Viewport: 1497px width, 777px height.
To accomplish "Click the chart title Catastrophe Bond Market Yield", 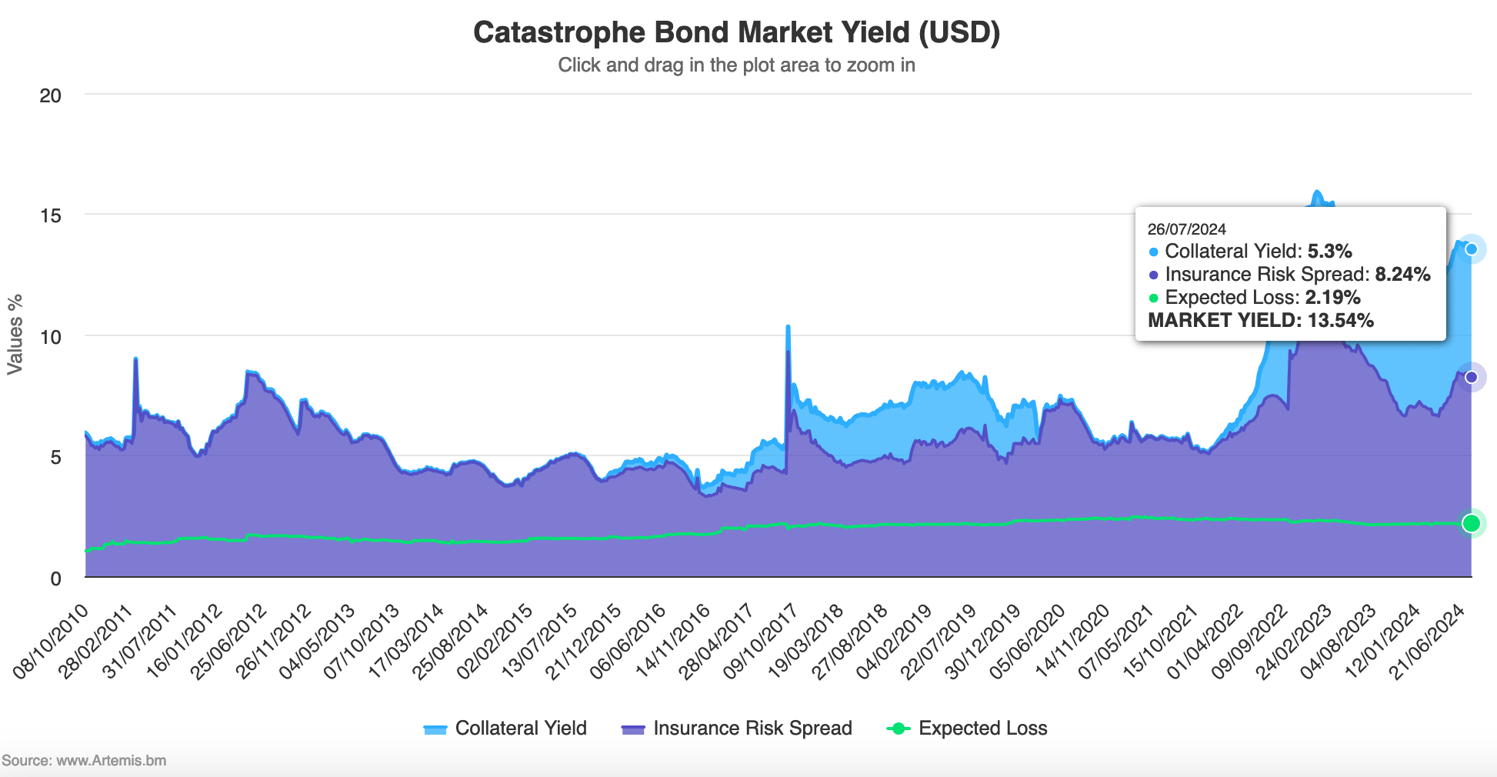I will [x=736, y=33].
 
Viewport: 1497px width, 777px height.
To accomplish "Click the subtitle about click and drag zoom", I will [x=736, y=65].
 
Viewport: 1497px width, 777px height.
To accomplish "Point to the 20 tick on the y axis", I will [x=51, y=96].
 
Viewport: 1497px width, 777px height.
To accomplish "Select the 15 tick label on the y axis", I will [x=51, y=215].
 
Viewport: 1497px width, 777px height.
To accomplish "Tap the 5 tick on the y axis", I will [x=55, y=458].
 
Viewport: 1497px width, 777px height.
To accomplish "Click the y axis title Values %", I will [x=15, y=335].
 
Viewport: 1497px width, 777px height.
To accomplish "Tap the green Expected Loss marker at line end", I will [x=1471, y=523].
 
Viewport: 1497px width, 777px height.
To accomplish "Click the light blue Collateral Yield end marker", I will [x=1471, y=249].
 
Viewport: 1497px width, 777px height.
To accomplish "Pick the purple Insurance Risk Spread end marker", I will [x=1471, y=377].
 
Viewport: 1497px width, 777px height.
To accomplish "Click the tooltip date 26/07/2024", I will [x=1186, y=229].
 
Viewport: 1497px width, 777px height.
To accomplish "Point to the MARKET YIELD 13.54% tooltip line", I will [x=1260, y=321].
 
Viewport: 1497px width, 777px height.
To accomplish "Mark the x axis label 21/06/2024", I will [x=1428, y=640].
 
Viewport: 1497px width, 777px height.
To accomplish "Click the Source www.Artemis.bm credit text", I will [x=84, y=760].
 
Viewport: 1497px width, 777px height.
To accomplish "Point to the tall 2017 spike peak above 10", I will [x=788, y=327].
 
